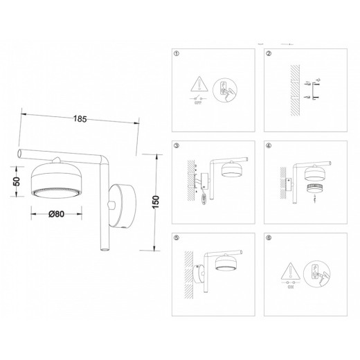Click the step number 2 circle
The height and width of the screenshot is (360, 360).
pyautogui.click(x=269, y=53)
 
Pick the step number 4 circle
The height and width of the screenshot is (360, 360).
pyautogui.click(x=269, y=146)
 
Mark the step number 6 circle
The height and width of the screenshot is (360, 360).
pyautogui.click(x=269, y=237)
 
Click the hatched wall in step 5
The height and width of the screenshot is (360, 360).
pyautogui.click(x=189, y=271)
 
